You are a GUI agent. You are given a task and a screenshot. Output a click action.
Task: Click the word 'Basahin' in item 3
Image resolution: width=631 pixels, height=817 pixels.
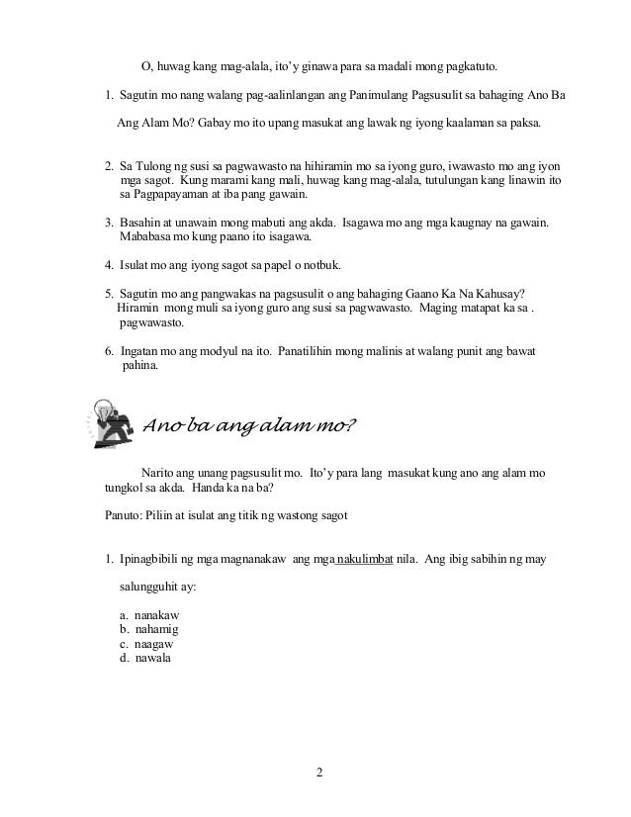(140, 224)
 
